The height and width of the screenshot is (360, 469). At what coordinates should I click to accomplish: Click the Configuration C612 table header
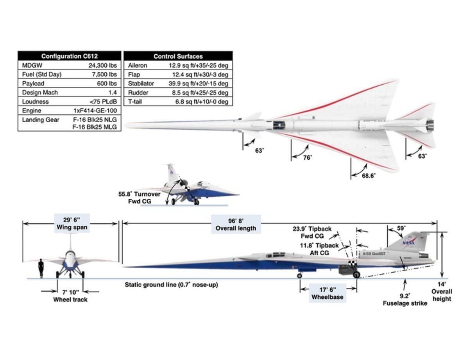tap(69, 56)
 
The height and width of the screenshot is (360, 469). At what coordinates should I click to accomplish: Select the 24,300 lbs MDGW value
tap(102, 65)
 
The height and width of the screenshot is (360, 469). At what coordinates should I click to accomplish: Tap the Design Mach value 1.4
tap(113, 93)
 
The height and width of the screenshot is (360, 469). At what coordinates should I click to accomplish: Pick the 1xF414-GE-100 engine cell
tap(95, 110)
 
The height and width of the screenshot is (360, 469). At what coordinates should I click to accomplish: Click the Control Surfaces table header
tap(178, 56)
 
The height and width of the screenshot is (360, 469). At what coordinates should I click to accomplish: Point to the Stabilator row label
tap(141, 84)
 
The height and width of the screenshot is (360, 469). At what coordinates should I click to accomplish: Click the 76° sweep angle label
tap(308, 158)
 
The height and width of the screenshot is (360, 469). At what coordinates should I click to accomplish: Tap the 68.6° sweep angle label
tap(369, 176)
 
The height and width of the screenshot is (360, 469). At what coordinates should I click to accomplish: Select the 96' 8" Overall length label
tap(236, 224)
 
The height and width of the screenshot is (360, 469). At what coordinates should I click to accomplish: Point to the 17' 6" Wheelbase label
tap(327, 293)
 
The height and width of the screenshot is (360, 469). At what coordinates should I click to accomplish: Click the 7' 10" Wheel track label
tap(70, 296)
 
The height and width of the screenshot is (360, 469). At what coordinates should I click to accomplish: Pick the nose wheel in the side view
tap(299, 276)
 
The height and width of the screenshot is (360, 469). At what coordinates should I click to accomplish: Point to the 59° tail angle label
tap(401, 228)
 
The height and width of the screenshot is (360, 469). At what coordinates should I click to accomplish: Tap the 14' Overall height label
tap(442, 292)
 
